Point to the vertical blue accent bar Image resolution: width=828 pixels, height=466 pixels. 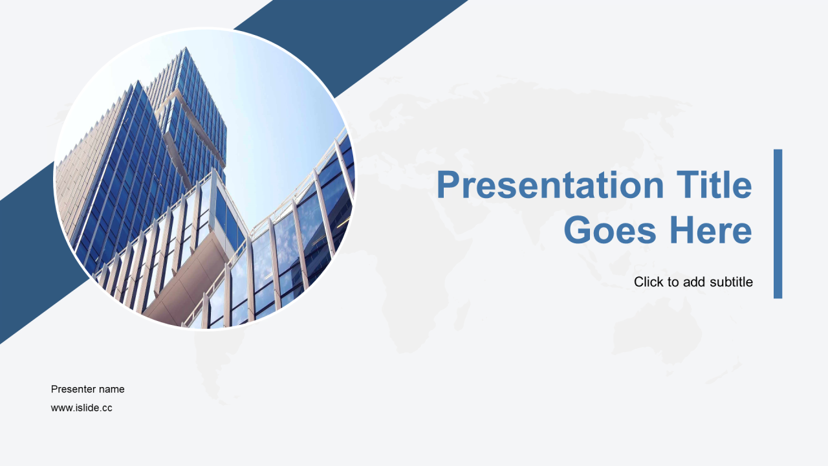point(778,224)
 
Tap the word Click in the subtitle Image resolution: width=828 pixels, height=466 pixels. point(648,282)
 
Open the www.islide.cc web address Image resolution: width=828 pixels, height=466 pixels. point(82,408)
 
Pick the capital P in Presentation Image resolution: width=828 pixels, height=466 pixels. point(448,184)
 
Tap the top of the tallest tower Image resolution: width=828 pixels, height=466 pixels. point(185,48)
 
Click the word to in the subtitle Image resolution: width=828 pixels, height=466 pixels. point(671,282)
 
